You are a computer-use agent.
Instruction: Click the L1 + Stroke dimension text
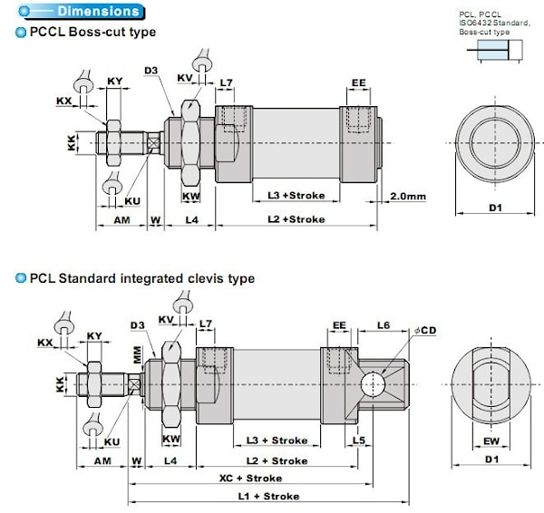click(x=268, y=496)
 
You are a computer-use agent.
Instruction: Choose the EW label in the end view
click(x=492, y=442)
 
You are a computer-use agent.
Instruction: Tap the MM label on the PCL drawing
click(x=138, y=358)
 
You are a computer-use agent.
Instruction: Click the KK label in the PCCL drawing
click(x=73, y=143)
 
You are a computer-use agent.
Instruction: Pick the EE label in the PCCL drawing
click(x=359, y=83)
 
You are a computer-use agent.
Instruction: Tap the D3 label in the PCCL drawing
click(x=151, y=69)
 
